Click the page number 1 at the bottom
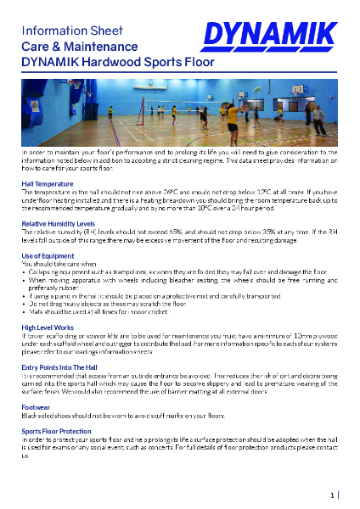tap(331, 494)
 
